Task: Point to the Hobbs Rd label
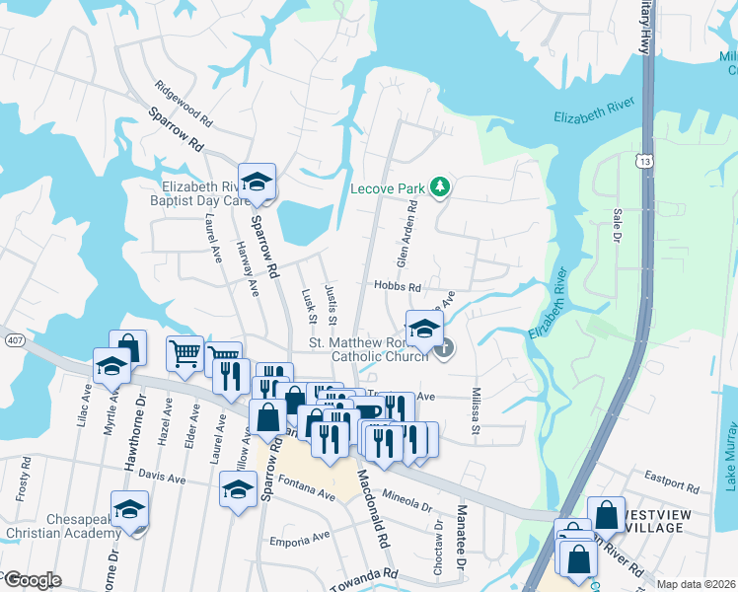(x=398, y=287)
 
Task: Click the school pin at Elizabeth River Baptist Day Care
(x=257, y=182)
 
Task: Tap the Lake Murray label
(x=730, y=453)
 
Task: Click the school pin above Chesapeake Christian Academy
(x=128, y=509)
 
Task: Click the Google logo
(x=32, y=579)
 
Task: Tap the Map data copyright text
(x=695, y=584)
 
